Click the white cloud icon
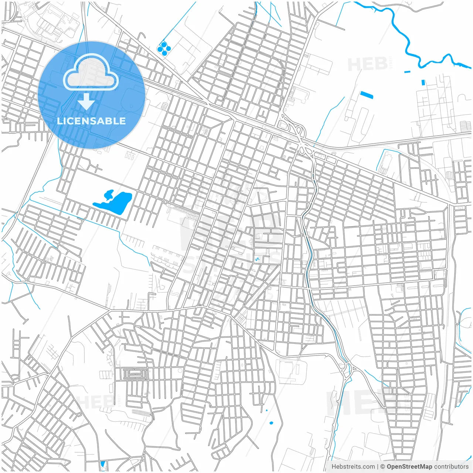click(x=91, y=73)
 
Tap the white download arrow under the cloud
click(x=86, y=102)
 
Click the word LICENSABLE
click(x=91, y=121)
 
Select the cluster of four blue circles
click(x=164, y=48)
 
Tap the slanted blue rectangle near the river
click(x=367, y=95)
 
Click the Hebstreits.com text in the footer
click(x=353, y=466)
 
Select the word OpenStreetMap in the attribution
click(x=409, y=466)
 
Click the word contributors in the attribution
click(x=451, y=466)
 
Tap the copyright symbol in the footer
click(x=383, y=466)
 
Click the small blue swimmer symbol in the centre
click(x=257, y=259)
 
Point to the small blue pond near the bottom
click(x=271, y=423)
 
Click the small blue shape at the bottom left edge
click(x=103, y=464)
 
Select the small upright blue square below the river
click(x=423, y=82)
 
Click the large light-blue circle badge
click(x=91, y=95)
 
